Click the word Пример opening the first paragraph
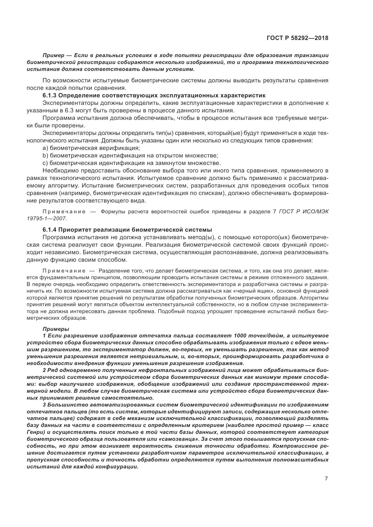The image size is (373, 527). (54, 55)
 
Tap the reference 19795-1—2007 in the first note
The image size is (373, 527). (47, 218)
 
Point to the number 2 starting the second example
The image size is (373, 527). (44, 370)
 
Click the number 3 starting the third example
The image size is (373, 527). (44, 404)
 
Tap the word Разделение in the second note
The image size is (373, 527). (112, 270)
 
